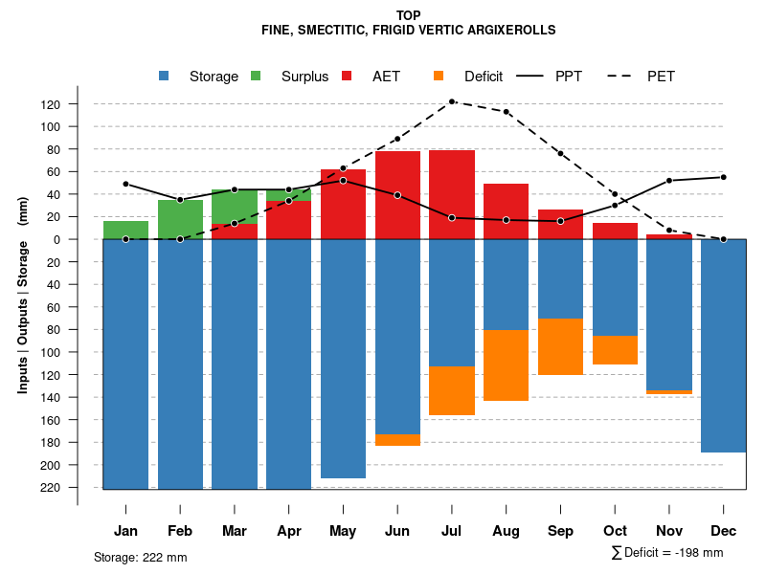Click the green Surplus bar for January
point(125,230)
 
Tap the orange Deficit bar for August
point(506,365)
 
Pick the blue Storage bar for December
point(723,345)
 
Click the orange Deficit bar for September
point(560,346)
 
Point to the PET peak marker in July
point(452,101)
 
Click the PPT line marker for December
point(723,177)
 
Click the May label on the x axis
point(343,531)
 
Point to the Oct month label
point(615,531)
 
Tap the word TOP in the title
point(408,16)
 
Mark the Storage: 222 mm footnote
point(140,557)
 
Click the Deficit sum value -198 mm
point(696,553)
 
